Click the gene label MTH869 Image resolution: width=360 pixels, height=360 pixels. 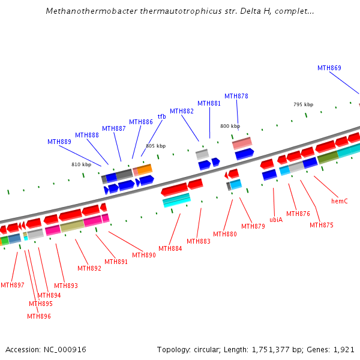coord(329,68)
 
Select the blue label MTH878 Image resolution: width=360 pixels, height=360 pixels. coord(236,96)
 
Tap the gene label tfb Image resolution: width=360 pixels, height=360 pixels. coord(161,116)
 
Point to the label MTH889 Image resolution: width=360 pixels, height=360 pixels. coord(59,142)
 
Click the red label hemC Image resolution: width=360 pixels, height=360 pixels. coord(340,201)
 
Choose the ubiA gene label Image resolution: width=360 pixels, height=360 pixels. coord(276,220)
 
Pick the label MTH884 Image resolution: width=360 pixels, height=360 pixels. coord(170,248)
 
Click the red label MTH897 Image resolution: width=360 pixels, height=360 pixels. coord(13,285)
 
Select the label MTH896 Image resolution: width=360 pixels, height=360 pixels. coord(40,316)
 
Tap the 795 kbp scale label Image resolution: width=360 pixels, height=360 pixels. coord(303,104)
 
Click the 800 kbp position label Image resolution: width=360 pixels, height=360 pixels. coord(230,126)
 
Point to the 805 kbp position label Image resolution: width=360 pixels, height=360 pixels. coord(155,146)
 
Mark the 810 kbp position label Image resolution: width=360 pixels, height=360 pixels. coord(82,164)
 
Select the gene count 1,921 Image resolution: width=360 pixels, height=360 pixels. coord(344,349)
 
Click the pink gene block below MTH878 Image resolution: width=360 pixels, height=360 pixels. coord(242,143)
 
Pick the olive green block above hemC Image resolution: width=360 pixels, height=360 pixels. coord(328,157)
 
